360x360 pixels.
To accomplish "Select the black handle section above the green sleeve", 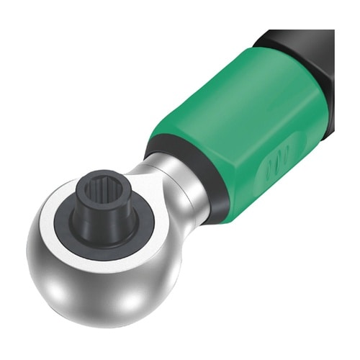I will pos(310,50).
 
